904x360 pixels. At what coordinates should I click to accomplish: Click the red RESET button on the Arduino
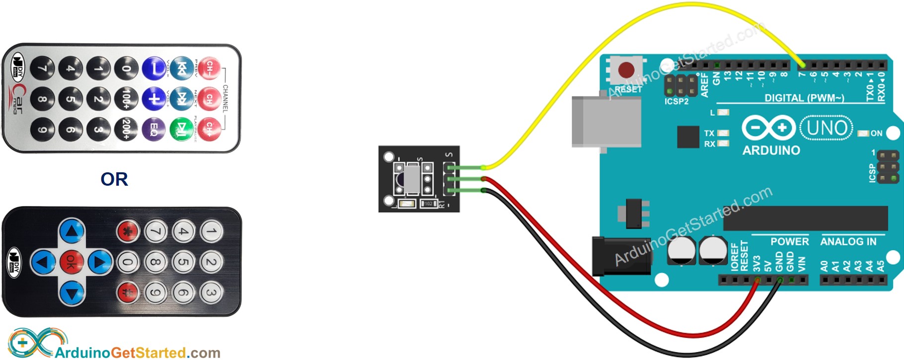pos(626,69)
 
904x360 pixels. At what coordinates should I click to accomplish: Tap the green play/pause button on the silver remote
pos(182,129)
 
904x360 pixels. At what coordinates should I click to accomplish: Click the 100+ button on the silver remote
pos(126,98)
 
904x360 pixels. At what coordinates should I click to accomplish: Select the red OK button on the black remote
pos(72,262)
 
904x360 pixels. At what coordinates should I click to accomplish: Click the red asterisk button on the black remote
pos(128,231)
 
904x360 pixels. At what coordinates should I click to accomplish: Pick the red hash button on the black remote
pos(128,292)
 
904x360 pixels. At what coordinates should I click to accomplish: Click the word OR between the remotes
pos(114,179)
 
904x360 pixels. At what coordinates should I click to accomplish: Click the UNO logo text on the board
pos(827,128)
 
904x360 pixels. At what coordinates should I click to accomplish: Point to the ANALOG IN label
pos(848,242)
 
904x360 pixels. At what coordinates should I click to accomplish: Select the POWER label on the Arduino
pos(789,242)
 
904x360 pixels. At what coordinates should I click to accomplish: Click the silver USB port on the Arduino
pos(599,122)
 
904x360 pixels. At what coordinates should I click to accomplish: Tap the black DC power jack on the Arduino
pos(621,256)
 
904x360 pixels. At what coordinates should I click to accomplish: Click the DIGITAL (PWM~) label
pos(804,98)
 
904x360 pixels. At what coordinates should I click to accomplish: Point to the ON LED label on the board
pos(876,134)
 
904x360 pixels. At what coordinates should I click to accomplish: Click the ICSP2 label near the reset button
pos(676,101)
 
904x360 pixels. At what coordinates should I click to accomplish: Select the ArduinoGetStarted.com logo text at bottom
pos(137,353)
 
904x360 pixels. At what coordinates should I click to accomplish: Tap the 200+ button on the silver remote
pos(126,129)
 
